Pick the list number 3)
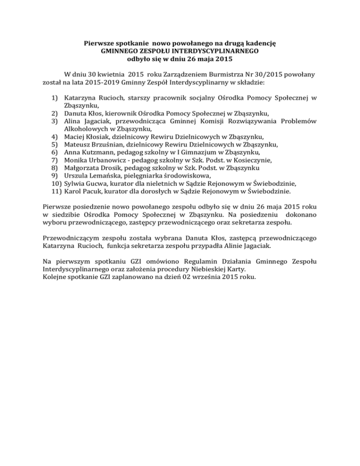tap(54, 121)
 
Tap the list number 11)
tap(53, 191)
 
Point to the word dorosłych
tap(150, 191)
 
